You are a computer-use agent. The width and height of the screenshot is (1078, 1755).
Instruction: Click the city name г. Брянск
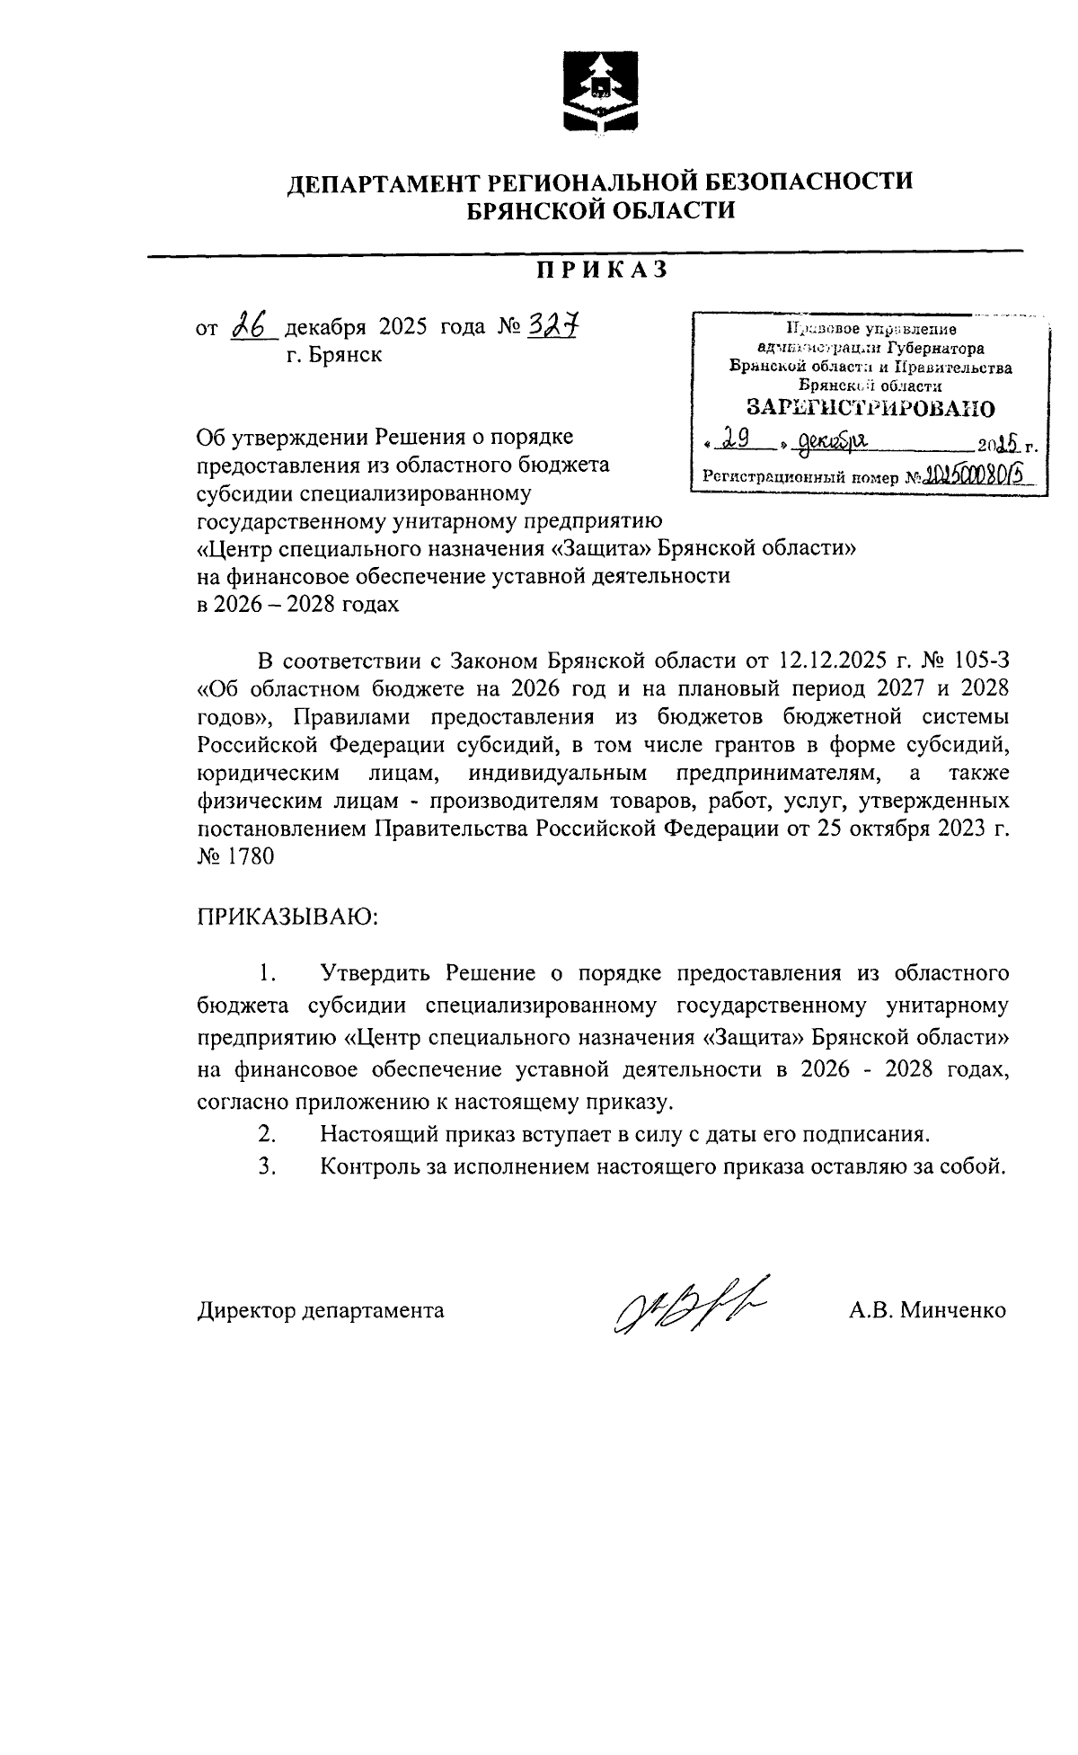[334, 355]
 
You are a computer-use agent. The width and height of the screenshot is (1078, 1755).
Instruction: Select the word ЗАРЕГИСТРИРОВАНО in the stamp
[870, 408]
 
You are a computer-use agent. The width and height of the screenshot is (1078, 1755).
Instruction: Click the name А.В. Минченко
[927, 1310]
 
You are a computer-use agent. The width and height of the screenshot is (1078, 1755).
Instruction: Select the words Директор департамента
[321, 1310]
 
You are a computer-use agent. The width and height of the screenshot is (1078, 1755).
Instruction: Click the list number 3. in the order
[265, 1166]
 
